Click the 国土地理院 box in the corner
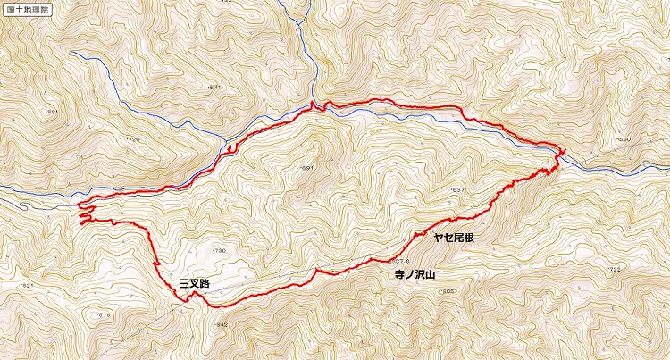(x=27, y=11)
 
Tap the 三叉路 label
(x=194, y=283)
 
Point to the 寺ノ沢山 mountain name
(x=415, y=277)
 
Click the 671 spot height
(x=213, y=87)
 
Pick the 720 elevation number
(x=134, y=140)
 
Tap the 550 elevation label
(x=624, y=141)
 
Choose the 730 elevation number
(x=220, y=251)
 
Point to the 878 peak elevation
(x=104, y=314)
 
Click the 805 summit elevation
(x=448, y=291)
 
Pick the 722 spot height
(x=613, y=269)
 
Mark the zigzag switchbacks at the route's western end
(x=87, y=212)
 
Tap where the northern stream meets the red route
(x=313, y=105)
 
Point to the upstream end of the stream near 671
(x=74, y=52)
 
